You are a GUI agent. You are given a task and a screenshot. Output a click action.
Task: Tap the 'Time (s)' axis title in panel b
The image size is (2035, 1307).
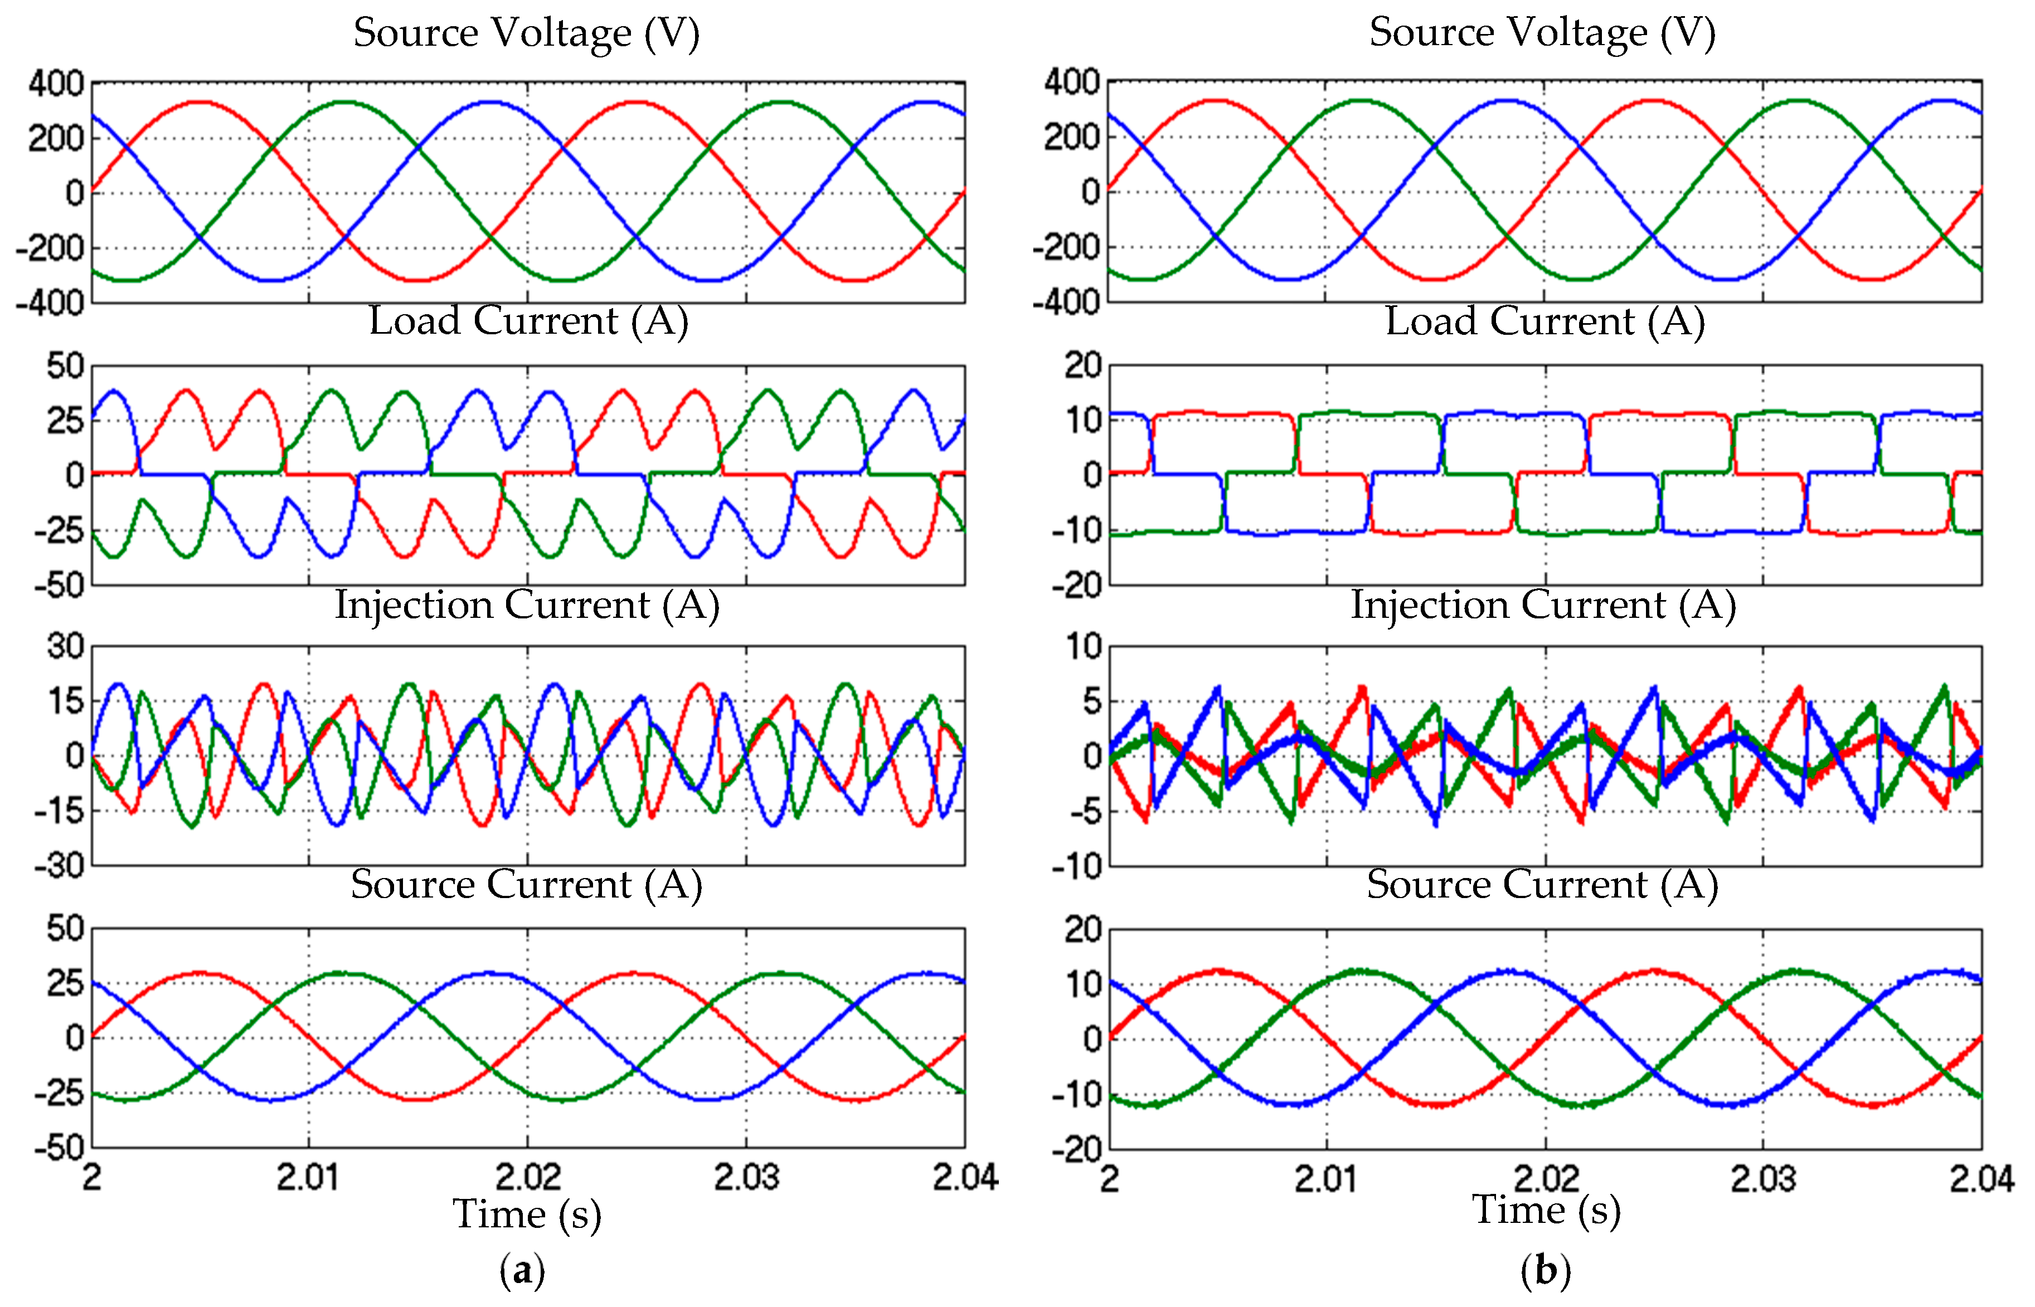tap(1546, 1210)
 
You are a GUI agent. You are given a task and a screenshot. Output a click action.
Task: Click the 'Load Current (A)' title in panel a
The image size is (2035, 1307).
tap(528, 321)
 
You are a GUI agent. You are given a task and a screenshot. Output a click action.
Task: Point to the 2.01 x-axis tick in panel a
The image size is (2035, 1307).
tap(308, 1177)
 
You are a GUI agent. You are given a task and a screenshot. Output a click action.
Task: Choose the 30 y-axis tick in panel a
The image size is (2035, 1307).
tap(65, 647)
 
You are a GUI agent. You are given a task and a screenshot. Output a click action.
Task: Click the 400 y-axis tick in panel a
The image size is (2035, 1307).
tap(56, 83)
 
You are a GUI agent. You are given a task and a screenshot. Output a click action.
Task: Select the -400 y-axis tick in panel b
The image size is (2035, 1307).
tap(1066, 302)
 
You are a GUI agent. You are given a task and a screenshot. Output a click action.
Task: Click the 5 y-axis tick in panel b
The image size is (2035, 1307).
tap(1091, 701)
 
